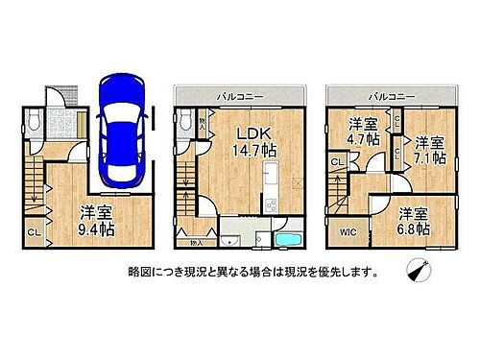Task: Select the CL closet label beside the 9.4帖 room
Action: [x=33, y=231]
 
